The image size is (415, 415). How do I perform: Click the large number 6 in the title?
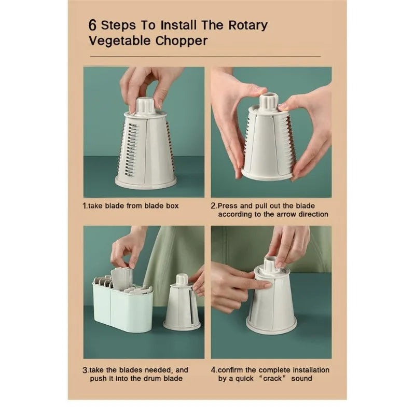[92, 25]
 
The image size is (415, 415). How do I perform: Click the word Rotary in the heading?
[248, 25]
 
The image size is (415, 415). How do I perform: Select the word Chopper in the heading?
[181, 41]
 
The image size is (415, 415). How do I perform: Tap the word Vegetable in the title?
[120, 41]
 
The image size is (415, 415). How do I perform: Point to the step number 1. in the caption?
[85, 205]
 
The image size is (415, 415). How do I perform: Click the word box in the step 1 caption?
[172, 205]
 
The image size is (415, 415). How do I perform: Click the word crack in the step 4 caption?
[272, 379]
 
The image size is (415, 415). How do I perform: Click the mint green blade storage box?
[122, 307]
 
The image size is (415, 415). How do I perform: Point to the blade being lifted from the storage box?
[122, 279]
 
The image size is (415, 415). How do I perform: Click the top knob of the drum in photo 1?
[146, 106]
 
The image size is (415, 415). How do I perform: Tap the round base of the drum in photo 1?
[146, 183]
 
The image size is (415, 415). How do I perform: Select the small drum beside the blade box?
[182, 303]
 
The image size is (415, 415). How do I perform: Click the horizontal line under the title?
[205, 57]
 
